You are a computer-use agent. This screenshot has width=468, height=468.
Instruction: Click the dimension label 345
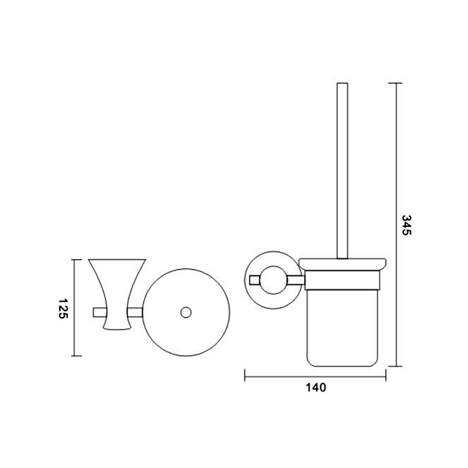pos(407,225)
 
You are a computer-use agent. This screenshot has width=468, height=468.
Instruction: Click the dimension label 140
pos(316,387)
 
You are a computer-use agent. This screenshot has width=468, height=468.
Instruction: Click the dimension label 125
pos(63,308)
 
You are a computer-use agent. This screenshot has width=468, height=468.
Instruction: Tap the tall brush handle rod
pos(342,170)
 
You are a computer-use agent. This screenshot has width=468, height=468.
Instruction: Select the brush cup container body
pos(342,328)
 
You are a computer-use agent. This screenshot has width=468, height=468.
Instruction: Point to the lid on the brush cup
pos(343,264)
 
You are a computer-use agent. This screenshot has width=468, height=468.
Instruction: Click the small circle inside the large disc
pos(186,312)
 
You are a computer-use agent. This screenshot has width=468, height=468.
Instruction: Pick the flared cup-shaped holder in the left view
pos(117,295)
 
